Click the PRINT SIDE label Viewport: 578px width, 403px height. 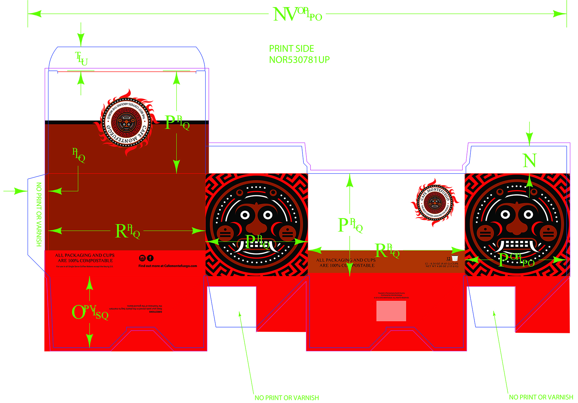[x=291, y=49]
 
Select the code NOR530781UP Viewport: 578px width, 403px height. [x=299, y=60]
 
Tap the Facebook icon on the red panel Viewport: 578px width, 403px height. [x=150, y=258]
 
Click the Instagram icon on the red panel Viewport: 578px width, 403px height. [x=142, y=258]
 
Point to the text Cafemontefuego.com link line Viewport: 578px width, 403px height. [x=168, y=266]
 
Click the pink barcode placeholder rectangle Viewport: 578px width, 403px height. [x=391, y=311]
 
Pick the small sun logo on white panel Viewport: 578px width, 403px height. [x=434, y=203]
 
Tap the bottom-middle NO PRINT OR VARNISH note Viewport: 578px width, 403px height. [x=286, y=398]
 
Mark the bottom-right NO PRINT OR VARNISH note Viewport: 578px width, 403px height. [x=541, y=397]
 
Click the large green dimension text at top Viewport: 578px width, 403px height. [x=297, y=14]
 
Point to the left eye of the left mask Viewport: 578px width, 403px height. [x=245, y=215]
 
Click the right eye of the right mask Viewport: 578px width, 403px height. [x=528, y=215]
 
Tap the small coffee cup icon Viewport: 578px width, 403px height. [x=455, y=258]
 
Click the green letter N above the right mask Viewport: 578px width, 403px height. [x=529, y=160]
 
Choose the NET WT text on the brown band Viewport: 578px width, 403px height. [x=442, y=266]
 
